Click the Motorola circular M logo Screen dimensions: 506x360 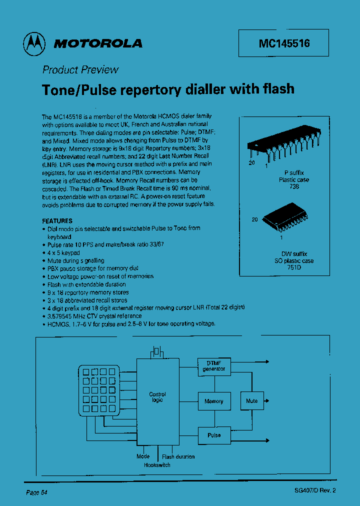click(x=33, y=44)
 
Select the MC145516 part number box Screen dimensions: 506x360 click(x=284, y=43)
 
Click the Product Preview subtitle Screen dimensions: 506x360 click(x=80, y=70)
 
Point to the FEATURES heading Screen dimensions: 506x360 click(x=57, y=220)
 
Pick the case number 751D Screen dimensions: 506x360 click(x=293, y=267)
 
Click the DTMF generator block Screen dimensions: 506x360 click(x=214, y=366)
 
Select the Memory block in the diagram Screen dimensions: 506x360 click(x=214, y=401)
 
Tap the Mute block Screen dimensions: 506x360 click(x=252, y=401)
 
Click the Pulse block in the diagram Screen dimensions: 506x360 click(x=214, y=435)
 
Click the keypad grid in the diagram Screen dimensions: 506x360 click(x=98, y=390)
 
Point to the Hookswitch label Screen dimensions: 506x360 click(x=157, y=465)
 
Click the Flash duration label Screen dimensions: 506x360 click(x=178, y=456)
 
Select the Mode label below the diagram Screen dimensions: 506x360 click(x=143, y=456)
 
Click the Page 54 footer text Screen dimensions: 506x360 click(x=36, y=492)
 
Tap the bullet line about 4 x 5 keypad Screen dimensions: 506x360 click(x=63, y=252)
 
